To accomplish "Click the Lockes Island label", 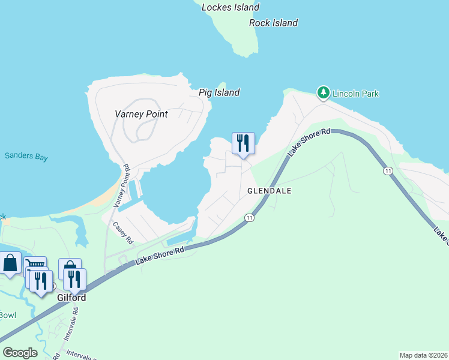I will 231,8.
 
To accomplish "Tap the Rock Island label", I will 273,23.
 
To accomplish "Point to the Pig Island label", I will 219,92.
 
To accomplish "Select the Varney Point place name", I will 141,114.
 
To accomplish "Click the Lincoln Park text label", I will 356,94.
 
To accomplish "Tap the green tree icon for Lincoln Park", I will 324,92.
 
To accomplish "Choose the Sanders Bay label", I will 26,157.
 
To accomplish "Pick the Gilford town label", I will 71,298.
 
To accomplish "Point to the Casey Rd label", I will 123,232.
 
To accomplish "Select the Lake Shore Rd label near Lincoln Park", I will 309,143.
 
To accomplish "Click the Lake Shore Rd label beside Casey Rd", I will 159,254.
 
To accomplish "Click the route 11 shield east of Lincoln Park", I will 389,171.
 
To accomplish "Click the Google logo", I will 20,353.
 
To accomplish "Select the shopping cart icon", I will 35,265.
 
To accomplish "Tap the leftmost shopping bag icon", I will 10,263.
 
